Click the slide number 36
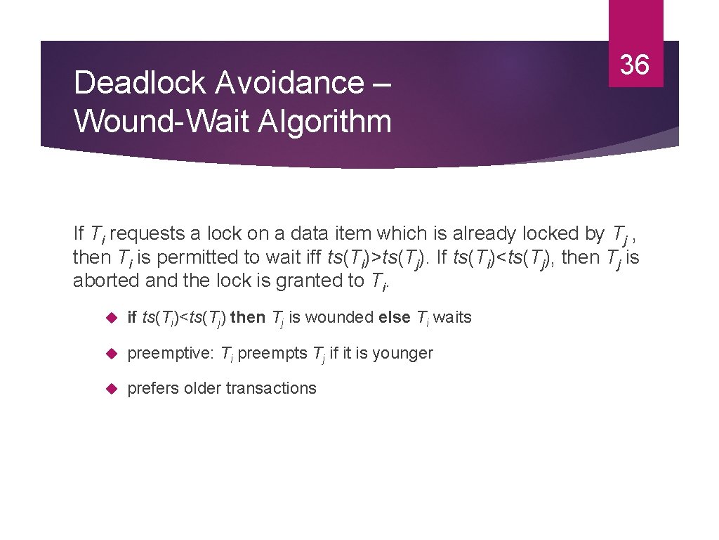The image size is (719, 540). tap(635, 65)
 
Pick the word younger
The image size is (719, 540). tap(403, 353)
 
